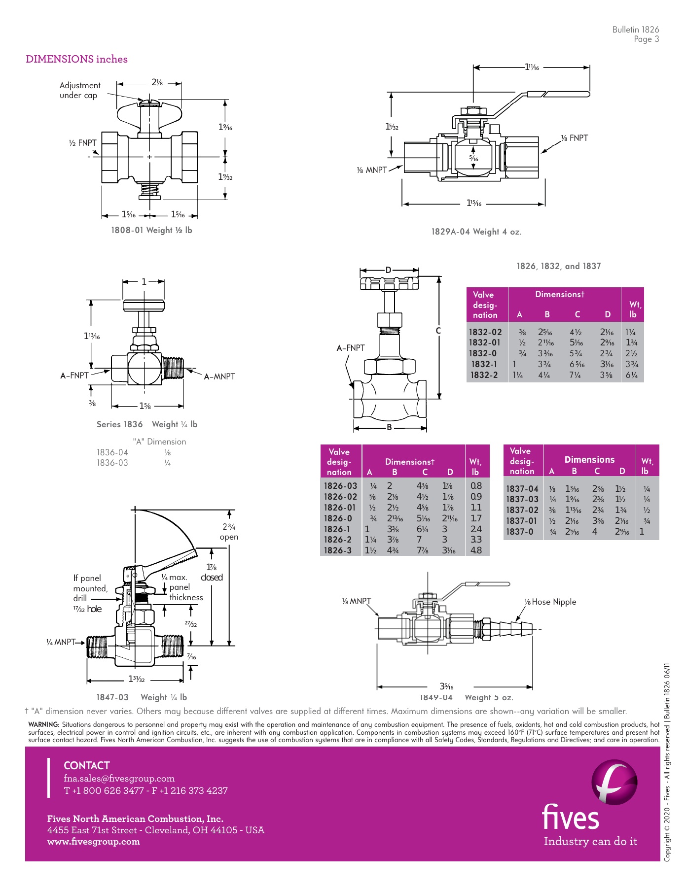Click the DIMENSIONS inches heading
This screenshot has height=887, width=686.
(76, 59)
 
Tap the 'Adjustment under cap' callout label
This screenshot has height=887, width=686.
(79, 90)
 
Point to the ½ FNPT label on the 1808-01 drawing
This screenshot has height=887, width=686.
(83, 143)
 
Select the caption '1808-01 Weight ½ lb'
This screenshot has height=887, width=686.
(151, 230)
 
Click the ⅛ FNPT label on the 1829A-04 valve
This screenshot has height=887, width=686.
(575, 138)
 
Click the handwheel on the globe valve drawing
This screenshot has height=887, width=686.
(389, 283)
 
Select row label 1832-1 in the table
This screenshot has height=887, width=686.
(484, 364)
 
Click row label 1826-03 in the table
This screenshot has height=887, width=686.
(340, 486)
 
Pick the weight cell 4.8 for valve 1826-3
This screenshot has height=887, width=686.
(476, 550)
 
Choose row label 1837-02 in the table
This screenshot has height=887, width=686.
(522, 510)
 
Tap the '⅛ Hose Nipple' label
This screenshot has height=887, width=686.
(550, 602)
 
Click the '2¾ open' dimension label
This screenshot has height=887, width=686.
(229, 532)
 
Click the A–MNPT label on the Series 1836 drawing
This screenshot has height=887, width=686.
(219, 376)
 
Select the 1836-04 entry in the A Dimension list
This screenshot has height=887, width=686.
(112, 452)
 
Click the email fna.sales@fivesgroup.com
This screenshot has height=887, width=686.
(119, 779)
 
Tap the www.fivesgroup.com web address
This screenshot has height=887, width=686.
(93, 842)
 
